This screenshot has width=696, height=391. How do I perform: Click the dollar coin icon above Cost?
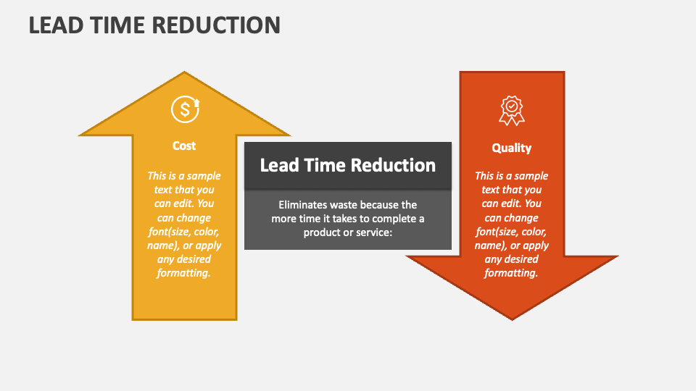click(186, 109)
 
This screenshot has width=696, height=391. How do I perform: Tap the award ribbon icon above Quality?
click(512, 111)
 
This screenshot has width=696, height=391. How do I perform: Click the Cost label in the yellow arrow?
click(184, 146)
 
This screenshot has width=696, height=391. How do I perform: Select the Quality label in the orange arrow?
click(511, 148)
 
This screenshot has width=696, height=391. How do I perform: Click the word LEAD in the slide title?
click(56, 25)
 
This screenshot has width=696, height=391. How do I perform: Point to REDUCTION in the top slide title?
click(216, 25)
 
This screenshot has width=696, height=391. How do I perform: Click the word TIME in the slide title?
click(117, 25)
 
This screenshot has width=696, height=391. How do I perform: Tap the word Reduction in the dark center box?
click(393, 165)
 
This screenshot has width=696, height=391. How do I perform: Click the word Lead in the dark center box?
click(279, 165)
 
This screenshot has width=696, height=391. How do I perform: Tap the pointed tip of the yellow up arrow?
click(184, 72)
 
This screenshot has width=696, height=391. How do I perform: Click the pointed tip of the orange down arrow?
click(512, 319)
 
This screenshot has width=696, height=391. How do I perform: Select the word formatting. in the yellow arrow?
click(183, 273)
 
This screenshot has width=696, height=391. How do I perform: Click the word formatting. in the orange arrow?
click(511, 273)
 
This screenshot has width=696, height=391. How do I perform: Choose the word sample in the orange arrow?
click(531, 177)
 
